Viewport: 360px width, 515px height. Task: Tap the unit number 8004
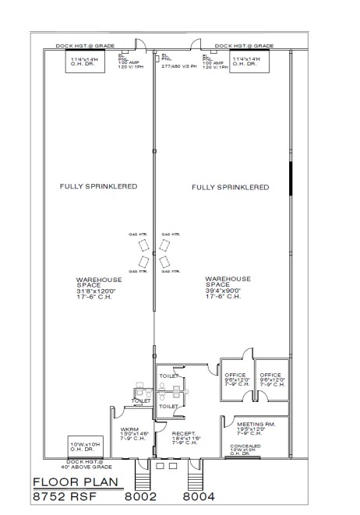198,495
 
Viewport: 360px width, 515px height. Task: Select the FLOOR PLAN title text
76,481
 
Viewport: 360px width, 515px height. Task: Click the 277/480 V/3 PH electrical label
178,66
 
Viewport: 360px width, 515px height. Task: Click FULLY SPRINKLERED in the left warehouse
99,187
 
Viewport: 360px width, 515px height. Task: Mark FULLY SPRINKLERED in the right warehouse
230,187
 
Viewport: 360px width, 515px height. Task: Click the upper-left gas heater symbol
144,244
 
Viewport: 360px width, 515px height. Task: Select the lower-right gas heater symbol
164,261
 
